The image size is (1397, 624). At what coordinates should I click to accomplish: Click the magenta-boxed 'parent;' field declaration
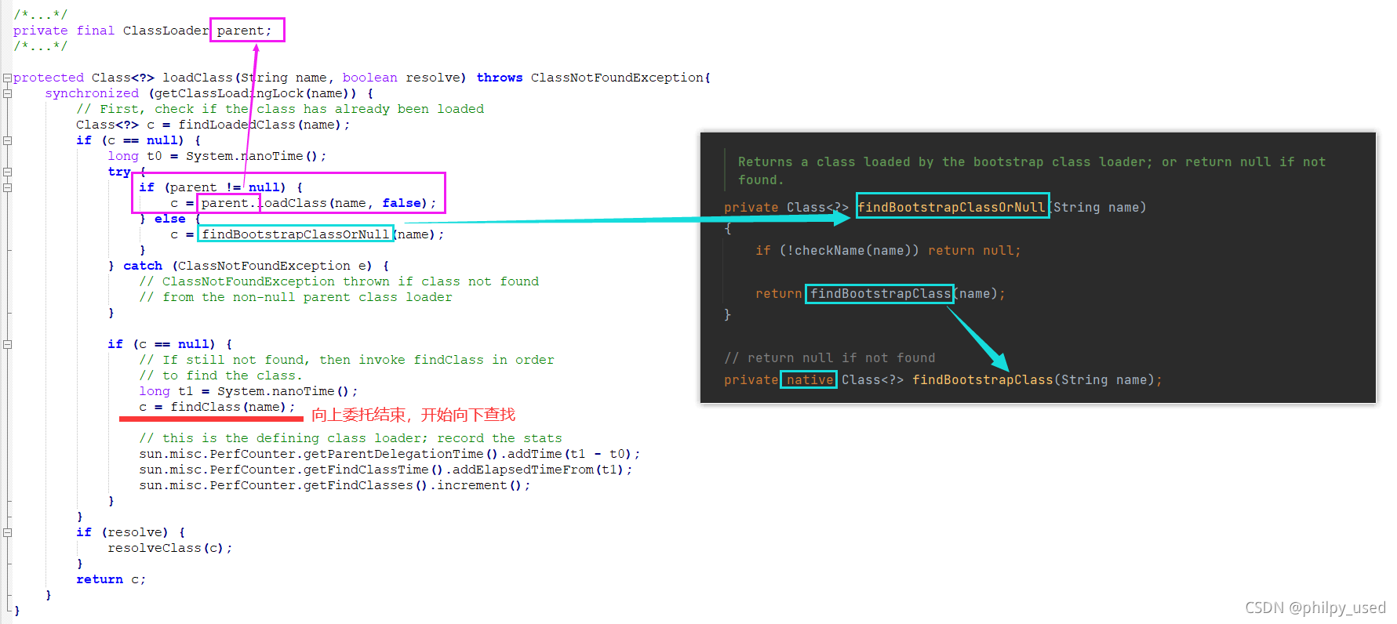(x=245, y=31)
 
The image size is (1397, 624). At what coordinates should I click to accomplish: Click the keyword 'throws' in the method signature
(x=500, y=78)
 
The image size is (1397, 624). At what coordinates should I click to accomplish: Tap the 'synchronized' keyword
(x=92, y=93)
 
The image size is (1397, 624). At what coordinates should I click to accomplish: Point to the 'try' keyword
(x=119, y=172)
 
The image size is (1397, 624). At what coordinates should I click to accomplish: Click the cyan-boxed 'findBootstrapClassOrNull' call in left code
(x=296, y=234)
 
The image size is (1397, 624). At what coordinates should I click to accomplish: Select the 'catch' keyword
(x=143, y=266)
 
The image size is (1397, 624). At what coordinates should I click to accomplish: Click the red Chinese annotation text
(x=413, y=415)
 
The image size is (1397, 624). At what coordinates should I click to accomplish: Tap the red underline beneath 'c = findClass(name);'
(x=211, y=419)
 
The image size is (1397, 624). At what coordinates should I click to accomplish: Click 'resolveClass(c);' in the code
(x=170, y=548)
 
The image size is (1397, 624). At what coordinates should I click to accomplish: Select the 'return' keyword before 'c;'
(x=100, y=579)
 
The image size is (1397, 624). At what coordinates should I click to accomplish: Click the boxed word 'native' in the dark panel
(x=809, y=380)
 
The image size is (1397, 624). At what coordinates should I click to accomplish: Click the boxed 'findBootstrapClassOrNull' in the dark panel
(x=951, y=207)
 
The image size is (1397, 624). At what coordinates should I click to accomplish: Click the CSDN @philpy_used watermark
(x=1315, y=608)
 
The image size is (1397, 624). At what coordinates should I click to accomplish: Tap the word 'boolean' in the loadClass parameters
(x=369, y=78)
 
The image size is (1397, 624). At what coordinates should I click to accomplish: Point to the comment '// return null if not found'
(x=830, y=358)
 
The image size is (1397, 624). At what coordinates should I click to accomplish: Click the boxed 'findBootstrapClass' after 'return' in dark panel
(x=880, y=294)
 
